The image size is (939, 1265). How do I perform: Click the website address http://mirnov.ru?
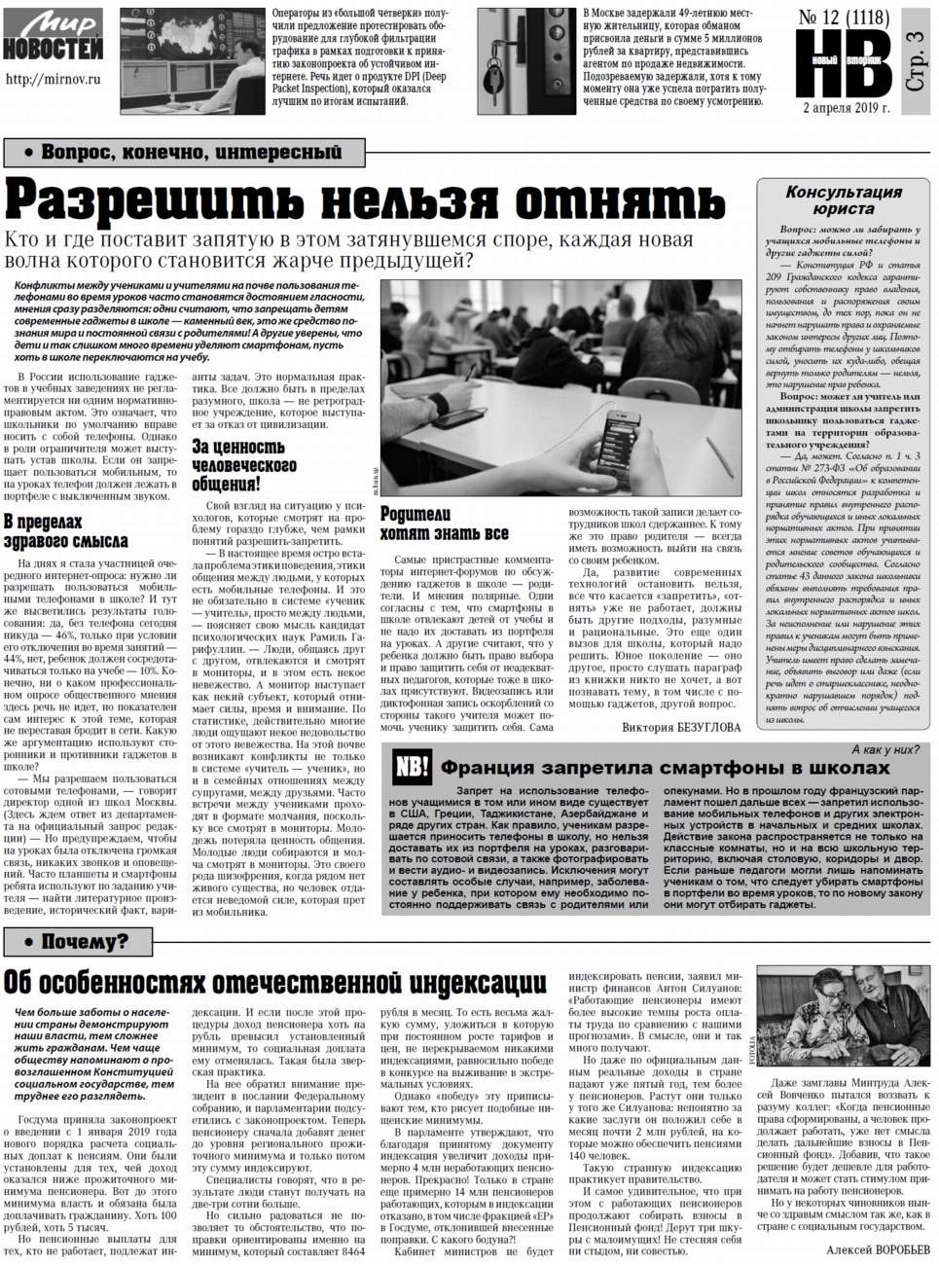pos(54,80)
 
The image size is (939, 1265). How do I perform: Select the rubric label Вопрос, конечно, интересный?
pos(185,152)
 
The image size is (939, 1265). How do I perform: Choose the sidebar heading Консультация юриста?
pos(844,200)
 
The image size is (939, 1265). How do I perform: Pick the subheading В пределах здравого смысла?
pos(65,531)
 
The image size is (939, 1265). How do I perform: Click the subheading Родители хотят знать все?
pos(444,524)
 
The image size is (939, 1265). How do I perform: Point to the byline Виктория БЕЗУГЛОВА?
pos(681,727)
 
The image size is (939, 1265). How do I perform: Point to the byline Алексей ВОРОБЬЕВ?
pos(877,1249)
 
